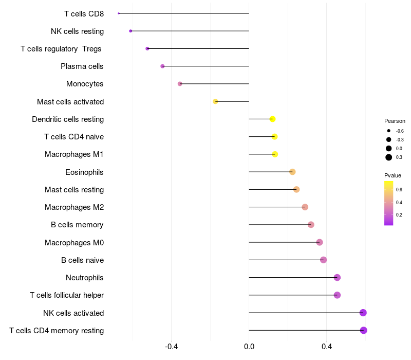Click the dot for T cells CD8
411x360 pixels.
(x=119, y=13)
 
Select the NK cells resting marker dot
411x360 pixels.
(x=130, y=31)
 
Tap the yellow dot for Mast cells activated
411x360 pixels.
(x=215, y=101)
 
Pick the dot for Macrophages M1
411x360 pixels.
(x=275, y=154)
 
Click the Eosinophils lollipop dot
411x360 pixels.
(x=292, y=172)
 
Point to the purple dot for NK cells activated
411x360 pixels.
(x=363, y=313)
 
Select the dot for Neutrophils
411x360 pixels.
(x=337, y=277)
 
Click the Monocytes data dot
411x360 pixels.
(x=180, y=84)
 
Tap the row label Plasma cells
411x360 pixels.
(x=82, y=66)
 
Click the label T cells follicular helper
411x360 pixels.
(x=67, y=295)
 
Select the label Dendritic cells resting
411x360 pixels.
(x=68, y=119)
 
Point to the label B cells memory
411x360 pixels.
(x=77, y=225)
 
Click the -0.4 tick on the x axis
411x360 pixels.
(x=171, y=347)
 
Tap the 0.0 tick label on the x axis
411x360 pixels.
(x=249, y=347)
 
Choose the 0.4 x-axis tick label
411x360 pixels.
(x=327, y=347)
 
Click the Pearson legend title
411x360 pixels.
(x=395, y=121)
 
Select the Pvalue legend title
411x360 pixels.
(x=393, y=175)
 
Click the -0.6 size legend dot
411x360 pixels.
(x=389, y=131)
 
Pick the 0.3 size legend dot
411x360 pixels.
(x=389, y=157)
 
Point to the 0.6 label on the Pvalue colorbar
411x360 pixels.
(x=399, y=190)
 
